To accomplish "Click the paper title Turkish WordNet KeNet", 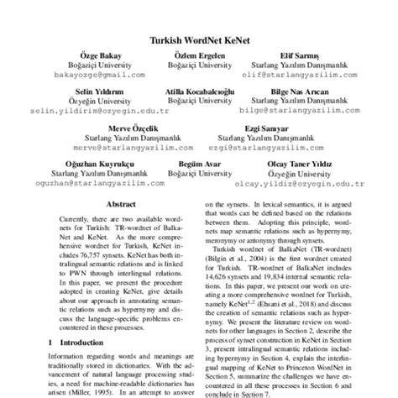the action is pyautogui.click(x=199, y=39).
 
